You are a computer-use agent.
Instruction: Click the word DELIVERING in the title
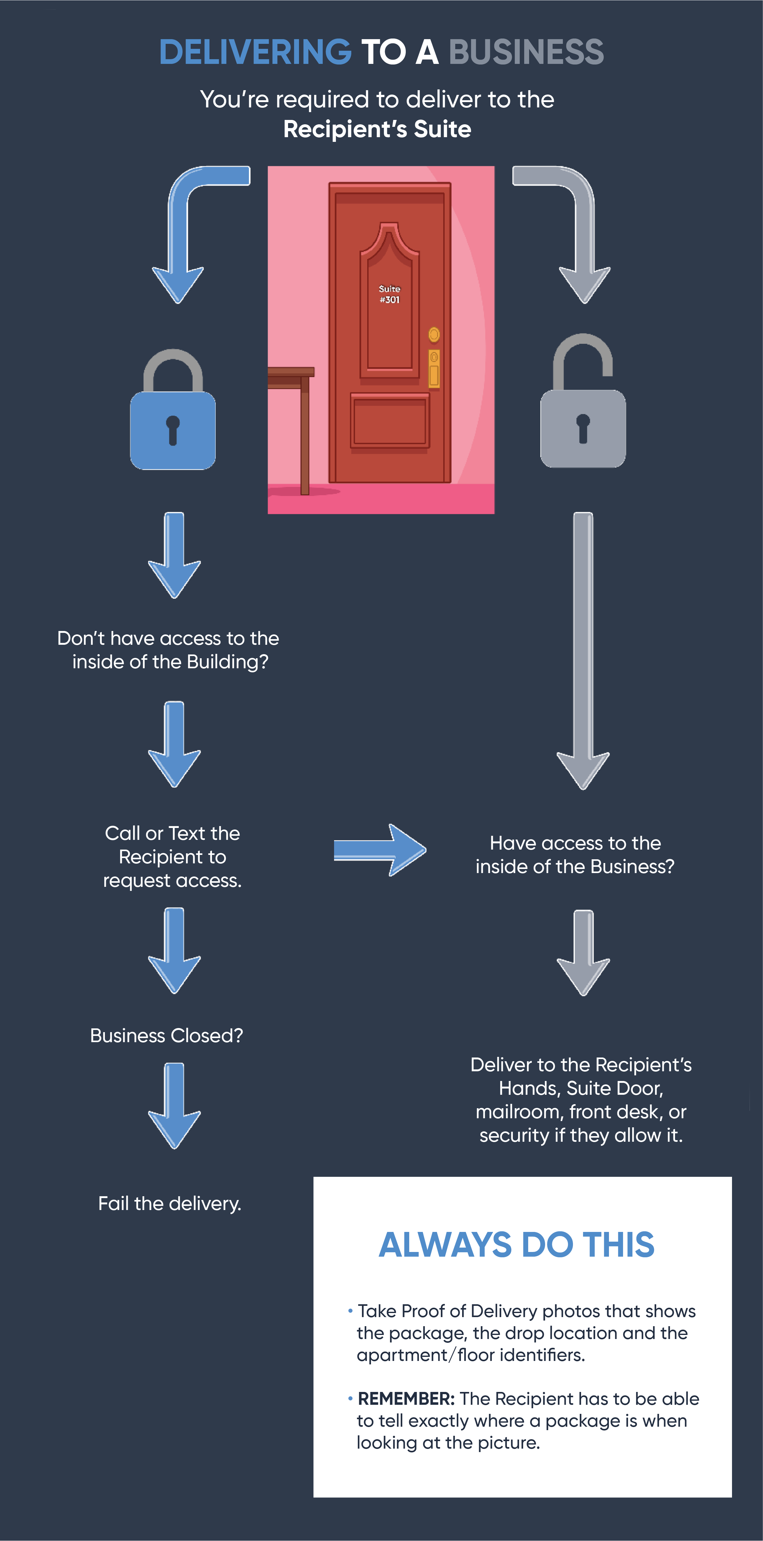click(255, 52)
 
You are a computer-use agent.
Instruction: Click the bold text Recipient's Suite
click(377, 129)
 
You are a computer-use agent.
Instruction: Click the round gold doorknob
click(434, 334)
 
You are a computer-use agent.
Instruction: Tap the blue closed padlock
click(173, 419)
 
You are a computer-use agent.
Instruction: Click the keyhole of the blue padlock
click(173, 429)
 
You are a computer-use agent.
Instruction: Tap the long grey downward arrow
click(583, 652)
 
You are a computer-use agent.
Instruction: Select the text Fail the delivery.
click(170, 1204)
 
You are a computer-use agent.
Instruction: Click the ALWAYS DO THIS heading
click(517, 1245)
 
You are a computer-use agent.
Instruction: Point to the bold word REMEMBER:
click(406, 1399)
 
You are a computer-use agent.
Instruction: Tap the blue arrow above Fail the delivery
click(174, 1105)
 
